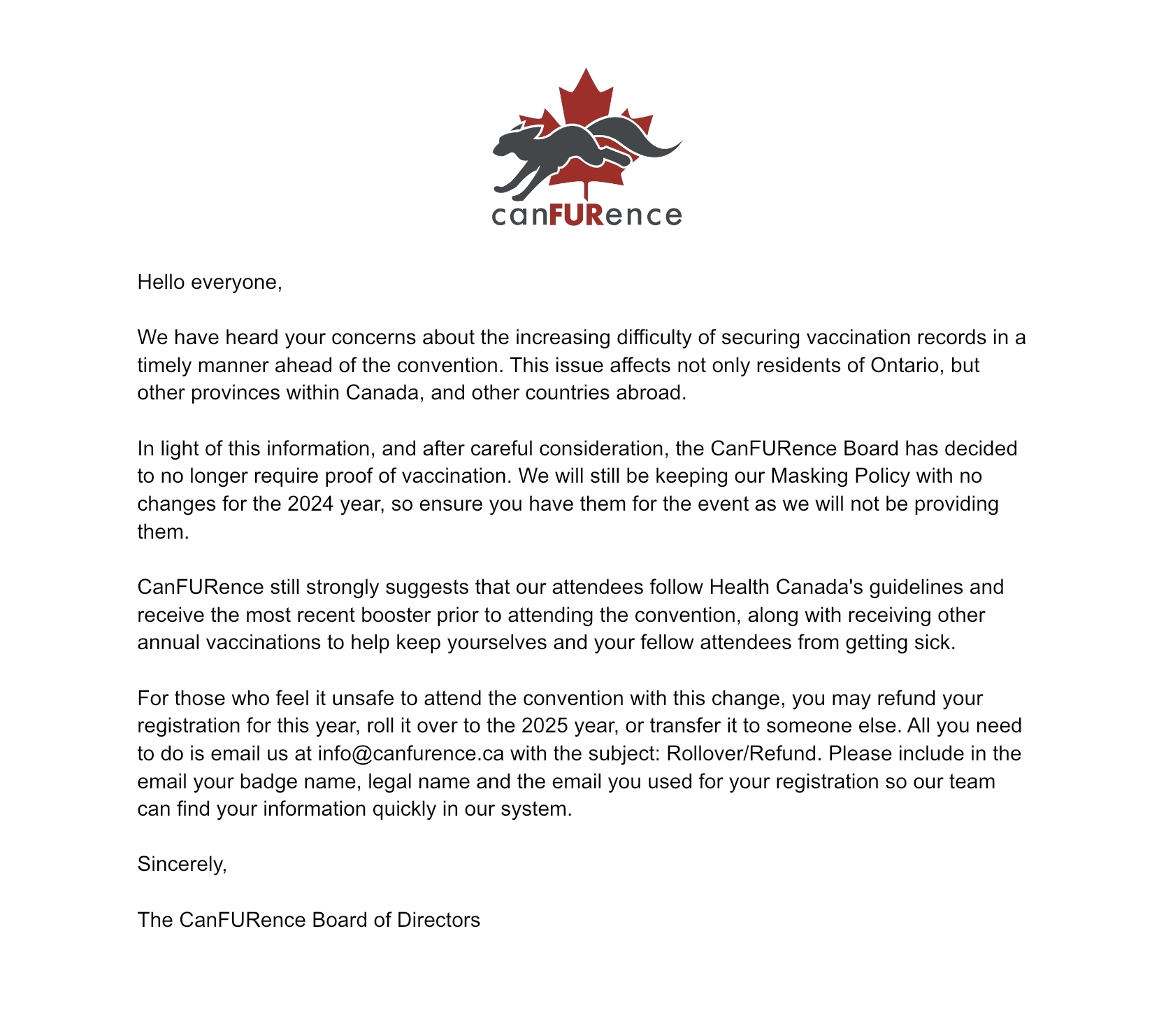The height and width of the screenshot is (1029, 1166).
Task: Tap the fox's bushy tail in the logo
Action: coord(647,139)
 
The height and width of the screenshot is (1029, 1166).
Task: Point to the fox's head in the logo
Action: coord(510,143)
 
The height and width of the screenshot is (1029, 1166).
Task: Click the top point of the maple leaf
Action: coord(586,71)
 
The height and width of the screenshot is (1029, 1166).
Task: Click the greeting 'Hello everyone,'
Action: coord(210,282)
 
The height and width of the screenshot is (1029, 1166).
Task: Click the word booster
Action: coord(396,615)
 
